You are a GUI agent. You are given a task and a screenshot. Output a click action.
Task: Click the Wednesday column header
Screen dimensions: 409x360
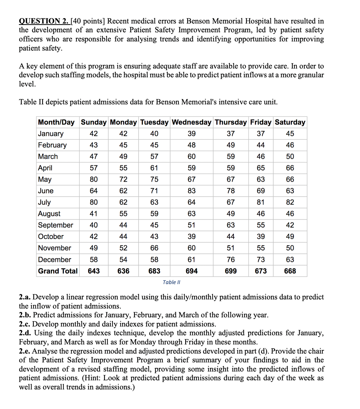point(191,122)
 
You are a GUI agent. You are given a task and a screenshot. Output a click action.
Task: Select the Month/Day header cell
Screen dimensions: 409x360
point(56,122)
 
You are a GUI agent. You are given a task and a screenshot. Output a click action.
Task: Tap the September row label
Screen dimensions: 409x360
point(55,225)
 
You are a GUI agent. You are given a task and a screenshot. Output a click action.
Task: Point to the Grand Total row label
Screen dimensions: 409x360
point(58,271)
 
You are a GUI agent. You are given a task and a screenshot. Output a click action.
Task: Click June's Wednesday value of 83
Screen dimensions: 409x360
point(191,191)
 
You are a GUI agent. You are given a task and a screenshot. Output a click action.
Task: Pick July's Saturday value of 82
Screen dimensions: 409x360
point(290,202)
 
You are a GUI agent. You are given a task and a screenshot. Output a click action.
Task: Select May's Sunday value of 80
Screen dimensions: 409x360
point(94,179)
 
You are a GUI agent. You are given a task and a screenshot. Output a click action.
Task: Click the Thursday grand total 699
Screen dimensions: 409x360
point(231,271)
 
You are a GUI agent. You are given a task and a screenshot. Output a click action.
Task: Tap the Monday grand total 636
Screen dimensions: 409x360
point(123,271)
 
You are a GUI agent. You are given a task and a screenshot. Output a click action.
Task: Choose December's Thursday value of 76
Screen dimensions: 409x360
point(231,260)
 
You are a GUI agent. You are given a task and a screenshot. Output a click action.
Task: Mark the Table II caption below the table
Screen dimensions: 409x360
point(172,282)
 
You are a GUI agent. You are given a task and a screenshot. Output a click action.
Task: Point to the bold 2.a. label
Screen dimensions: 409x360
point(25,297)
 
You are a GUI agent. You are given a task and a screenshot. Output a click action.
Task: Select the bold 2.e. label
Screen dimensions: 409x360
point(25,351)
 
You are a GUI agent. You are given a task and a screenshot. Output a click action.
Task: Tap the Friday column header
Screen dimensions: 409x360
point(261,122)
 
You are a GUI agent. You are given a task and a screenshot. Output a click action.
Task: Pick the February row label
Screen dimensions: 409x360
point(52,145)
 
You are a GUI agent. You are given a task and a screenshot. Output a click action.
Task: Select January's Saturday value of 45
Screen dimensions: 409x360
point(290,134)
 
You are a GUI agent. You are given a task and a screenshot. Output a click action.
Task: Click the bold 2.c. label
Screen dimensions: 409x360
point(25,324)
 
